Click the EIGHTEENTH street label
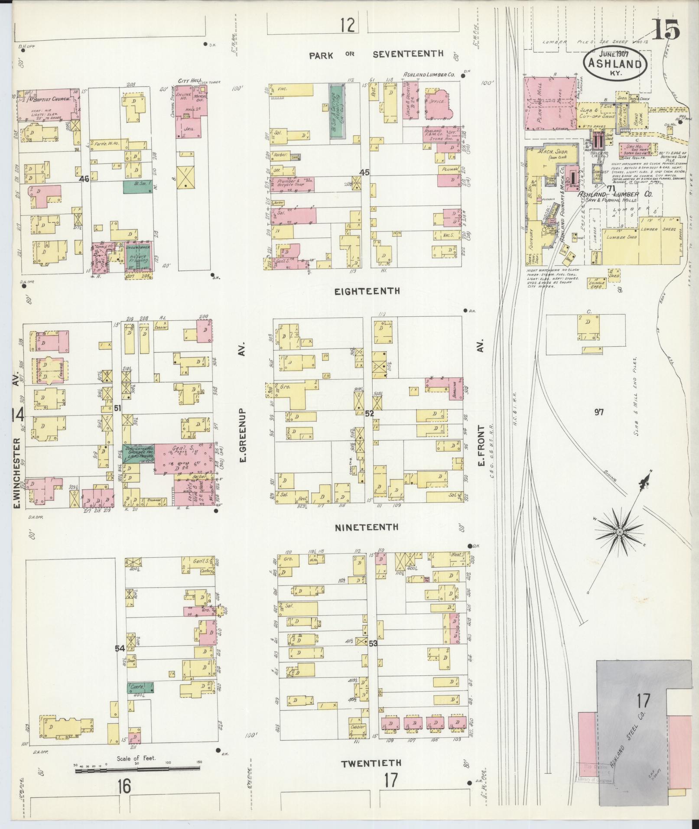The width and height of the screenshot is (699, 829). [x=367, y=291]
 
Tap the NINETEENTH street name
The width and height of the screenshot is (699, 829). [x=367, y=527]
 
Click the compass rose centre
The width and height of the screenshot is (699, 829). [x=620, y=532]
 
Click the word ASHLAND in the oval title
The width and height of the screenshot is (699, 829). [x=615, y=64]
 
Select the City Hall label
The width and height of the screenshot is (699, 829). [x=188, y=81]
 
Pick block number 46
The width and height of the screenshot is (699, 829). [x=84, y=178]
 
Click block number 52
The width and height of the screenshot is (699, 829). [x=369, y=414]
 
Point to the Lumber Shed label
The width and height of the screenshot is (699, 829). [x=621, y=237]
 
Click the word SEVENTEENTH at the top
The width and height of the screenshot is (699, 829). [x=408, y=54]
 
